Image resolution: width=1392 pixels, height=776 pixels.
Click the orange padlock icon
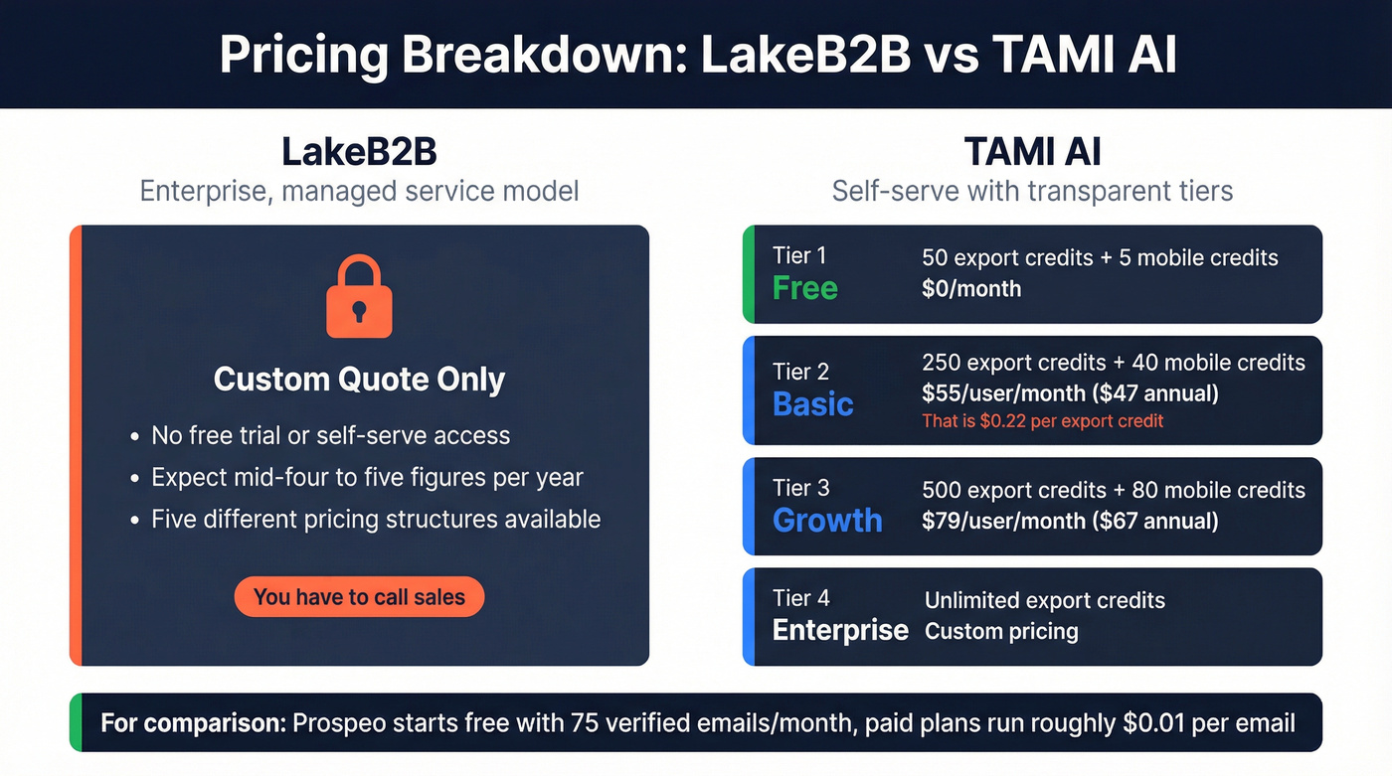click(x=359, y=297)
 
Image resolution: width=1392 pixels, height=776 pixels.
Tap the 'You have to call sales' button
click(x=359, y=597)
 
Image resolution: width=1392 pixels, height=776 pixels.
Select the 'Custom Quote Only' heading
click(x=359, y=380)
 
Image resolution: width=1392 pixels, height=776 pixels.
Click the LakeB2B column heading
click(x=359, y=152)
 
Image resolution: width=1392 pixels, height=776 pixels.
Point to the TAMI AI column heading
click(x=1032, y=152)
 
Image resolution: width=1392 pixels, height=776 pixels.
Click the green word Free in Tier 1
click(x=805, y=288)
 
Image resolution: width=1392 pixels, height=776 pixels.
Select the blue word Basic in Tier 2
click(x=813, y=404)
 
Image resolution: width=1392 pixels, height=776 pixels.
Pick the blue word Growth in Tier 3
click(x=827, y=520)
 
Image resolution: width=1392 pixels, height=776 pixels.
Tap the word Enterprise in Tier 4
click(x=840, y=630)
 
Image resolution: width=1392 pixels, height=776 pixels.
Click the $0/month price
click(x=971, y=289)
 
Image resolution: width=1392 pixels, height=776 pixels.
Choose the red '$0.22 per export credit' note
click(x=1042, y=420)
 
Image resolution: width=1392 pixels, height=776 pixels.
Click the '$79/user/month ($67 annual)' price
click(x=1070, y=520)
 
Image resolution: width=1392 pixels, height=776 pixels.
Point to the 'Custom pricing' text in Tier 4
click(x=1001, y=631)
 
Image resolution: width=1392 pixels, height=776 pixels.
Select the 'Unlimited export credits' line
click(x=1044, y=600)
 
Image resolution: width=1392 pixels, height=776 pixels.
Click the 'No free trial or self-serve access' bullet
click(x=330, y=435)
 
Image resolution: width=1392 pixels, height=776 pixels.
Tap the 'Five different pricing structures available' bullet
click(x=376, y=519)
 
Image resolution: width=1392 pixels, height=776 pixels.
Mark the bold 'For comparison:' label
click(x=193, y=722)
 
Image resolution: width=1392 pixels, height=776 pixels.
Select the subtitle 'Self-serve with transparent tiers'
click(x=1032, y=190)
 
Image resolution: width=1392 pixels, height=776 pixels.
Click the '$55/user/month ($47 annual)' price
click(x=1070, y=392)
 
